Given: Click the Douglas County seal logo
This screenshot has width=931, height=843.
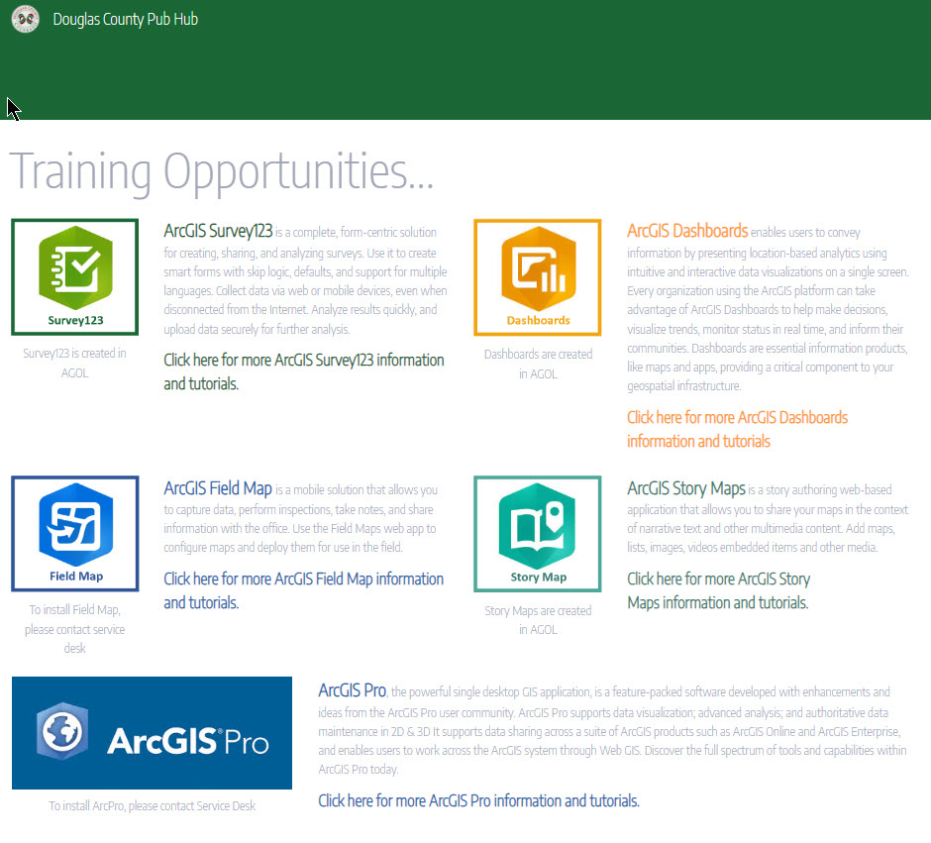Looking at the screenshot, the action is pyautogui.click(x=26, y=19).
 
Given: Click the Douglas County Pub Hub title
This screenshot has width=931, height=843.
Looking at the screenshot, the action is pyautogui.click(x=125, y=19).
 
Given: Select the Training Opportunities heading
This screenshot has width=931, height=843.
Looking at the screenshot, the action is pyautogui.click(x=222, y=171).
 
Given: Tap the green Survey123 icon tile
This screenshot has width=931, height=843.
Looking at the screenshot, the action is pyautogui.click(x=75, y=277).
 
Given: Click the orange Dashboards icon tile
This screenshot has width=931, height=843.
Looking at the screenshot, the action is pyautogui.click(x=538, y=277).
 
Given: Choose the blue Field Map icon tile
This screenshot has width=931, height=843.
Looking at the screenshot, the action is pyautogui.click(x=75, y=534).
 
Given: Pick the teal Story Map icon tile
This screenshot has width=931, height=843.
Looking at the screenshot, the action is pyautogui.click(x=538, y=534).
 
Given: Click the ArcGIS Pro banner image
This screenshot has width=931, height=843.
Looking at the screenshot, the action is pyautogui.click(x=152, y=733).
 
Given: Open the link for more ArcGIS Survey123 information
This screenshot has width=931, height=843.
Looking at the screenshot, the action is pyautogui.click(x=304, y=371).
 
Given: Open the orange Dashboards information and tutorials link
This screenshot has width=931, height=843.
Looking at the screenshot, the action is pyautogui.click(x=738, y=429).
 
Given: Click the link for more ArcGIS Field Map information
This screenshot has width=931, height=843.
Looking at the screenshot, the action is pyautogui.click(x=303, y=590).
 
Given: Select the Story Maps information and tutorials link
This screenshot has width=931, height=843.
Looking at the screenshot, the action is pyautogui.click(x=718, y=590).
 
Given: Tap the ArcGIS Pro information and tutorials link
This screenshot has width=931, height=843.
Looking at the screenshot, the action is pyautogui.click(x=478, y=800).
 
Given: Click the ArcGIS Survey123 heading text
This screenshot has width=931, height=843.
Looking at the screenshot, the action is pyautogui.click(x=218, y=231).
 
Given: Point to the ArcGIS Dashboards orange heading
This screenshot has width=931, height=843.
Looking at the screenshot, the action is pyautogui.click(x=687, y=231).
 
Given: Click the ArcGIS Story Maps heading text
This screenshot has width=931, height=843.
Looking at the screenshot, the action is pyautogui.click(x=685, y=488).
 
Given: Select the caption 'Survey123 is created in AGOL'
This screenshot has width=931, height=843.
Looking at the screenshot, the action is pyautogui.click(x=75, y=363).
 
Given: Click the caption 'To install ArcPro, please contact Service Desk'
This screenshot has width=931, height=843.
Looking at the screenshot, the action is pyautogui.click(x=152, y=805).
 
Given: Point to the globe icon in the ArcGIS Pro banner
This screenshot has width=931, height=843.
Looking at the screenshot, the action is pyautogui.click(x=62, y=731).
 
